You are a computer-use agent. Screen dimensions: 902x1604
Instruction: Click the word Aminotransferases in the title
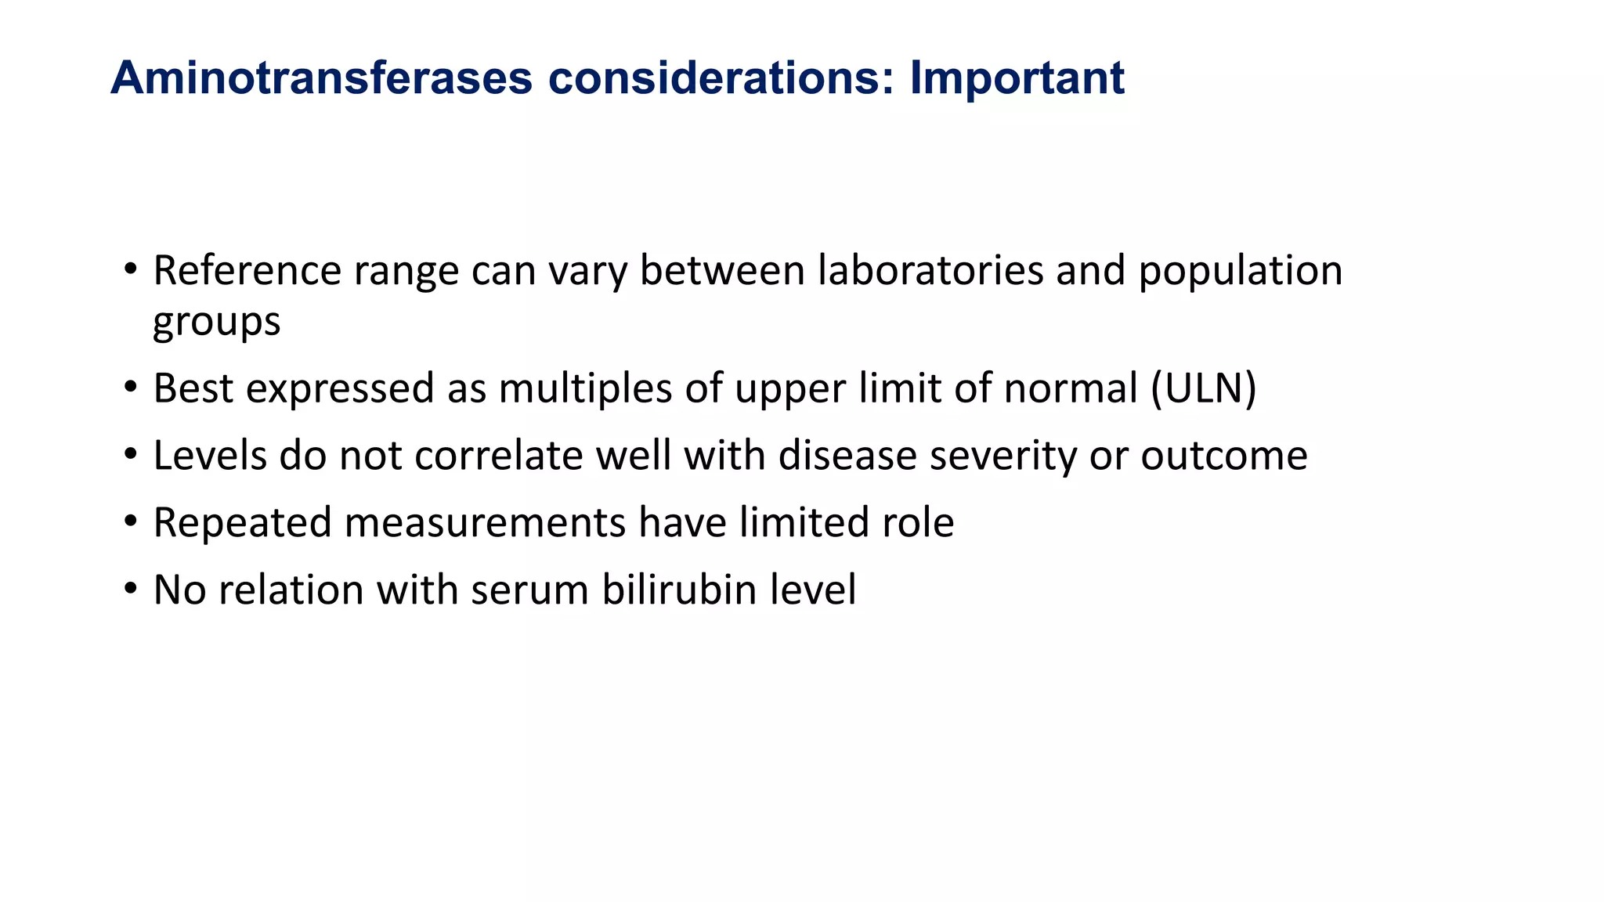coord(321,78)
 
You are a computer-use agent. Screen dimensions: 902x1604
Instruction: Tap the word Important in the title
coord(1017,78)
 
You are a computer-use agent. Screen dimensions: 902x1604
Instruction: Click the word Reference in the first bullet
coord(247,271)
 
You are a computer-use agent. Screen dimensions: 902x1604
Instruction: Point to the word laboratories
coord(930,271)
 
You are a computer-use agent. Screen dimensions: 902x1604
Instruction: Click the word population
coord(1240,271)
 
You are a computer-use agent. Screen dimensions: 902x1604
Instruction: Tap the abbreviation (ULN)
coord(1203,388)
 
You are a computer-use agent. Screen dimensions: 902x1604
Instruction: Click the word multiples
coord(585,388)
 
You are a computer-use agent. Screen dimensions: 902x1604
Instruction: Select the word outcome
coord(1223,456)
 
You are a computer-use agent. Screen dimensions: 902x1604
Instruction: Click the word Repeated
coord(242,523)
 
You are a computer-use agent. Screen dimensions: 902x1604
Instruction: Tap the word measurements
coord(485,523)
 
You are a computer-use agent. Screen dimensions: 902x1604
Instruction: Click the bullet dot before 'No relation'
coord(131,589)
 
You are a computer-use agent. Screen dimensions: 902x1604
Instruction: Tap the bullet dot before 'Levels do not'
coord(131,454)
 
